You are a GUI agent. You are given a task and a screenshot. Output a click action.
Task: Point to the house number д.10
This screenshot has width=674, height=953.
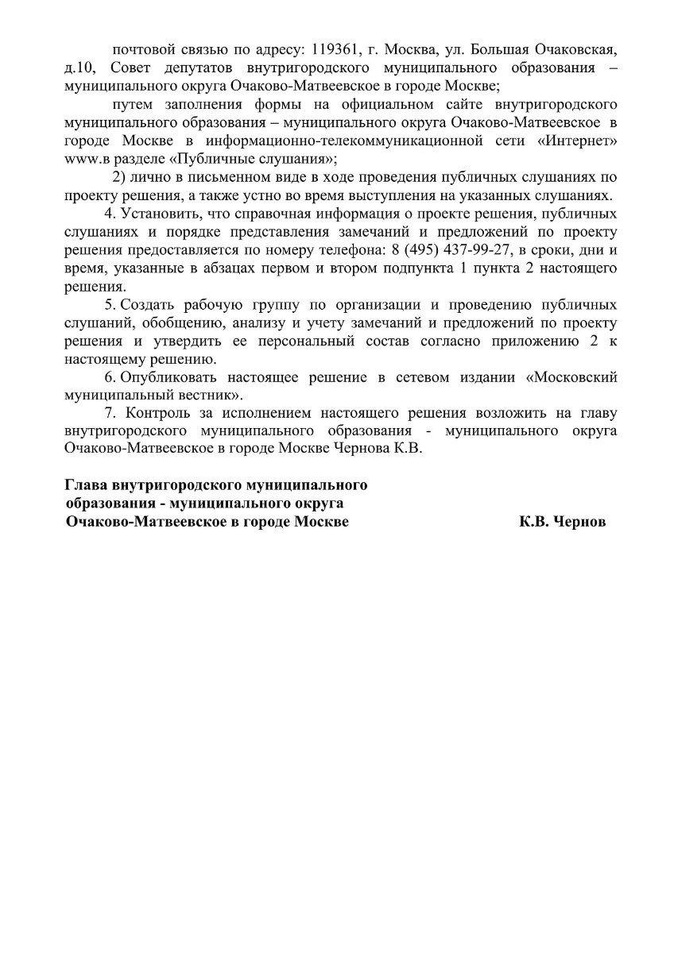80,68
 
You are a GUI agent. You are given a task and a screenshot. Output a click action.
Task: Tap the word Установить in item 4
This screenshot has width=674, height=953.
155,214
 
